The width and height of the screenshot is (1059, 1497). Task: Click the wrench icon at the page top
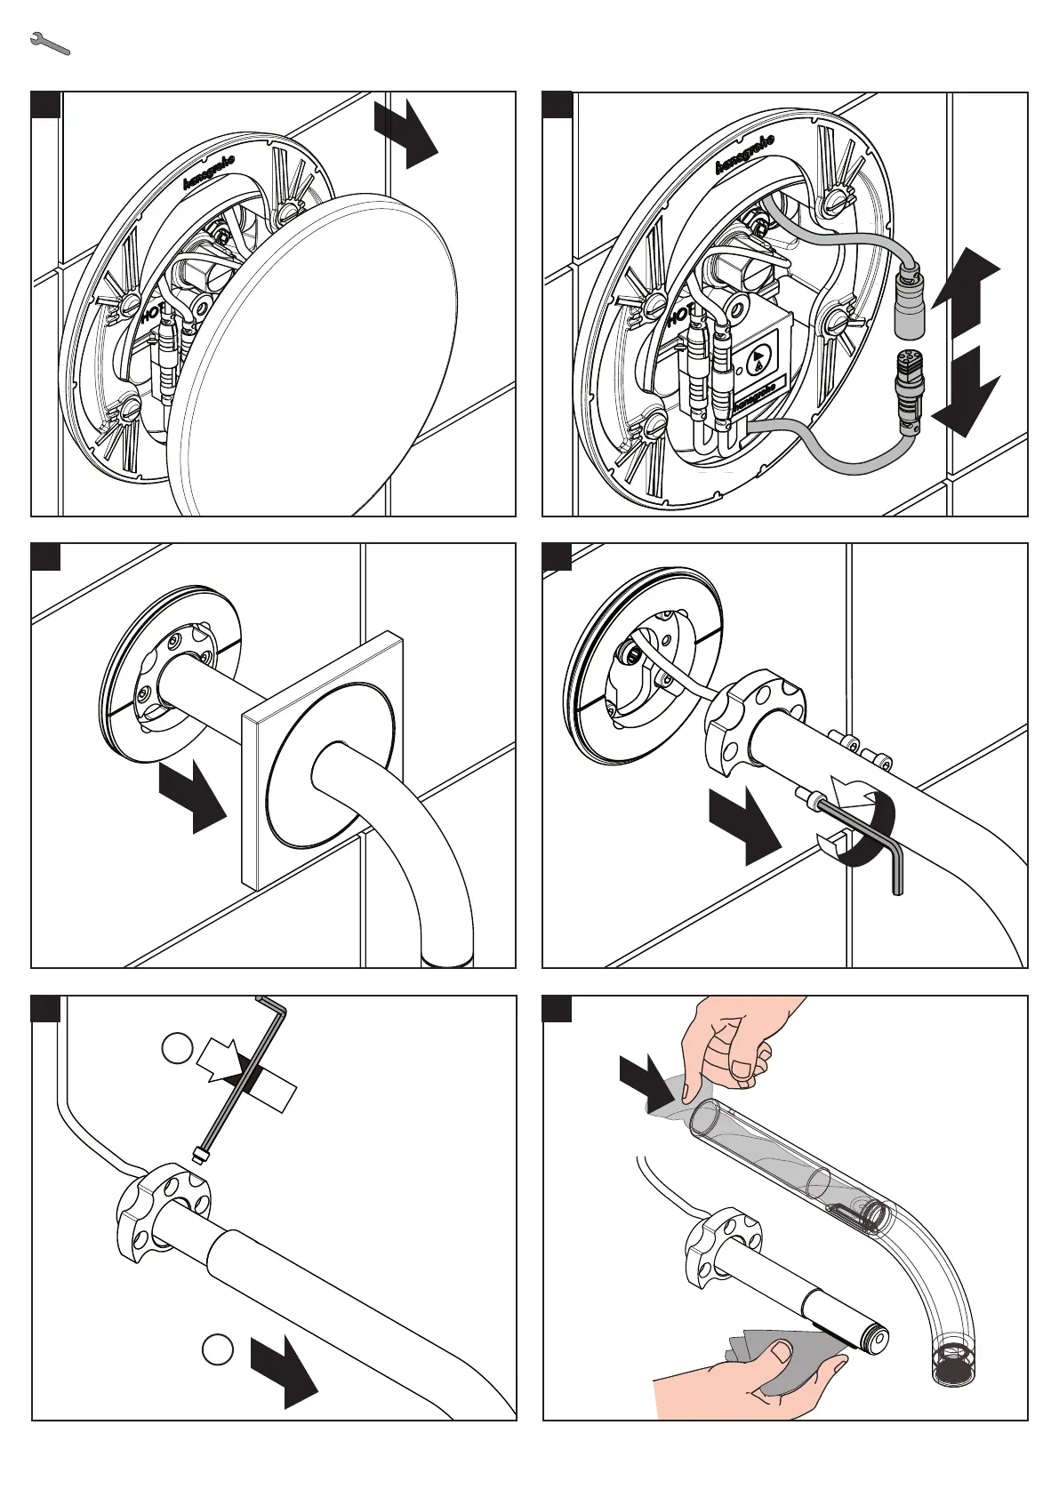coord(50,44)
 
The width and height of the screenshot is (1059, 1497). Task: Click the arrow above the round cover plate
coord(407,132)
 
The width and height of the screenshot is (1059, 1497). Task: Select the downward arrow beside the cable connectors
coord(965,392)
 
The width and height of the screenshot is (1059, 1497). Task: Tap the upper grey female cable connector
coord(910,301)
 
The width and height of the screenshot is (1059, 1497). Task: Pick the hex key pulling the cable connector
coord(249,1075)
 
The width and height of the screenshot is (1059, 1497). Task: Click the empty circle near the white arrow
coord(177,1048)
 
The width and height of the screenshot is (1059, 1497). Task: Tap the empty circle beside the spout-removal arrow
coord(217,1349)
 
